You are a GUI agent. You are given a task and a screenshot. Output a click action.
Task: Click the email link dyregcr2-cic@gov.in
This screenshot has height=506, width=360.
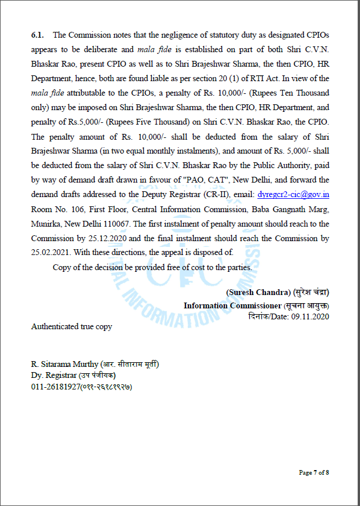(293, 195)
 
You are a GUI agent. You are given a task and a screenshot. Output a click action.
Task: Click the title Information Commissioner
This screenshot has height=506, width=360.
(232, 305)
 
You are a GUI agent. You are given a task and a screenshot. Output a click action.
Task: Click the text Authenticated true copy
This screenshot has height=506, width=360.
(71, 326)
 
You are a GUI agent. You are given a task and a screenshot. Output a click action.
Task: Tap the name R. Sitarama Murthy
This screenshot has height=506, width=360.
(64, 364)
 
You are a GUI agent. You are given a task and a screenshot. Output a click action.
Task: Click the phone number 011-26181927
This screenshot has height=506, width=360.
(55, 387)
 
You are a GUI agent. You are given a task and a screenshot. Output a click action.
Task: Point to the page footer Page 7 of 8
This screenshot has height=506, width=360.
(314, 472)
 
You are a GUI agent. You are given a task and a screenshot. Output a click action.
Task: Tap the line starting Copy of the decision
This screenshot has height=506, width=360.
(152, 267)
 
